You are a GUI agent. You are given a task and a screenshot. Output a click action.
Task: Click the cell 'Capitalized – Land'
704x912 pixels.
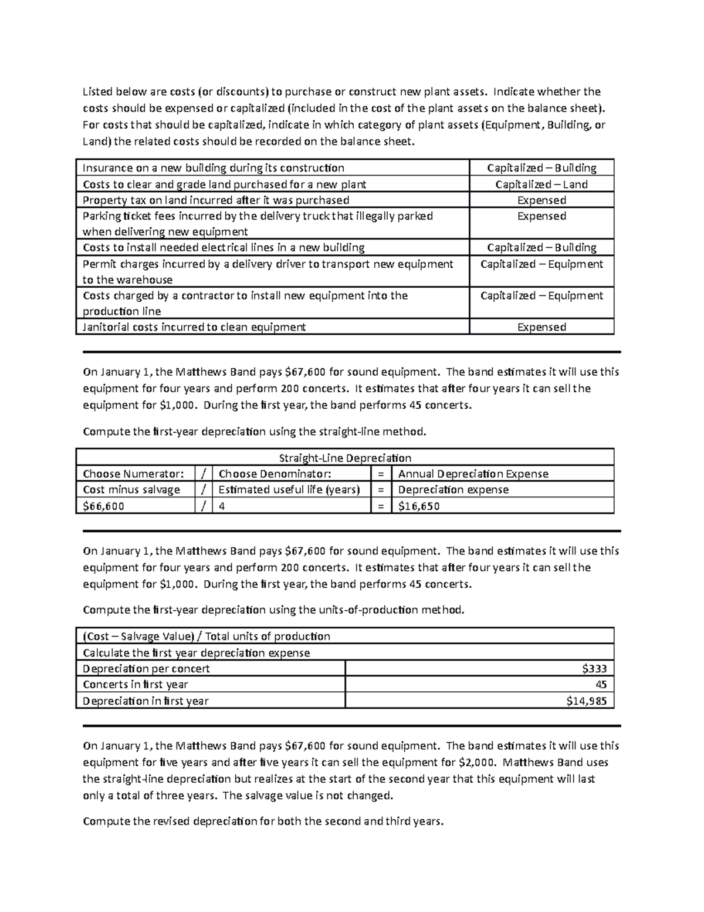[541, 184]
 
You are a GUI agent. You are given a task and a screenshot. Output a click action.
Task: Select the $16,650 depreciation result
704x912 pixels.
[419, 506]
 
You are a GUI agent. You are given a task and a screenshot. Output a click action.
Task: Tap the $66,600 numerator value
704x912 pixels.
[104, 506]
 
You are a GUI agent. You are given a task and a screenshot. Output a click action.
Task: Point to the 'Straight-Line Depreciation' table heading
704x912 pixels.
[345, 458]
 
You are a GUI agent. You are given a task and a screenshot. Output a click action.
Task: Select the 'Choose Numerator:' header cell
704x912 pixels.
[133, 474]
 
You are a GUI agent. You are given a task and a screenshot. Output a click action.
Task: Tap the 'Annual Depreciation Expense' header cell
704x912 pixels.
[473, 474]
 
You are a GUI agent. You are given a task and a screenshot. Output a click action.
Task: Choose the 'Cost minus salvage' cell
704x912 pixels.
[131, 490]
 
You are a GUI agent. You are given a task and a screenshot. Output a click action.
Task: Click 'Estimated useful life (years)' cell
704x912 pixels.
[289, 490]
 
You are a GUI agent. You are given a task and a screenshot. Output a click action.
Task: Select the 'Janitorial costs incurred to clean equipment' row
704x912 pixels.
[194, 327]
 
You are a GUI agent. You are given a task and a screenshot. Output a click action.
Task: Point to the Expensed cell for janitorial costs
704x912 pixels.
[541, 327]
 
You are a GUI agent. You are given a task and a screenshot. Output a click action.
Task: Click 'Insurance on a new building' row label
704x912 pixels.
[214, 168]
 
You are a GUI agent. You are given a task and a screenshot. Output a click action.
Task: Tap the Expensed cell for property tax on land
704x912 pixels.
[541, 200]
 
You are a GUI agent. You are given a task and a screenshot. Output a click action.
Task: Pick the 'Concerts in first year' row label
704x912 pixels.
[136, 684]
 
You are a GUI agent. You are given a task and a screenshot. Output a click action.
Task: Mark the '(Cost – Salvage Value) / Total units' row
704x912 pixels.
[207, 636]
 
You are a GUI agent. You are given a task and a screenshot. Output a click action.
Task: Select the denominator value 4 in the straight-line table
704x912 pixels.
[222, 506]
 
